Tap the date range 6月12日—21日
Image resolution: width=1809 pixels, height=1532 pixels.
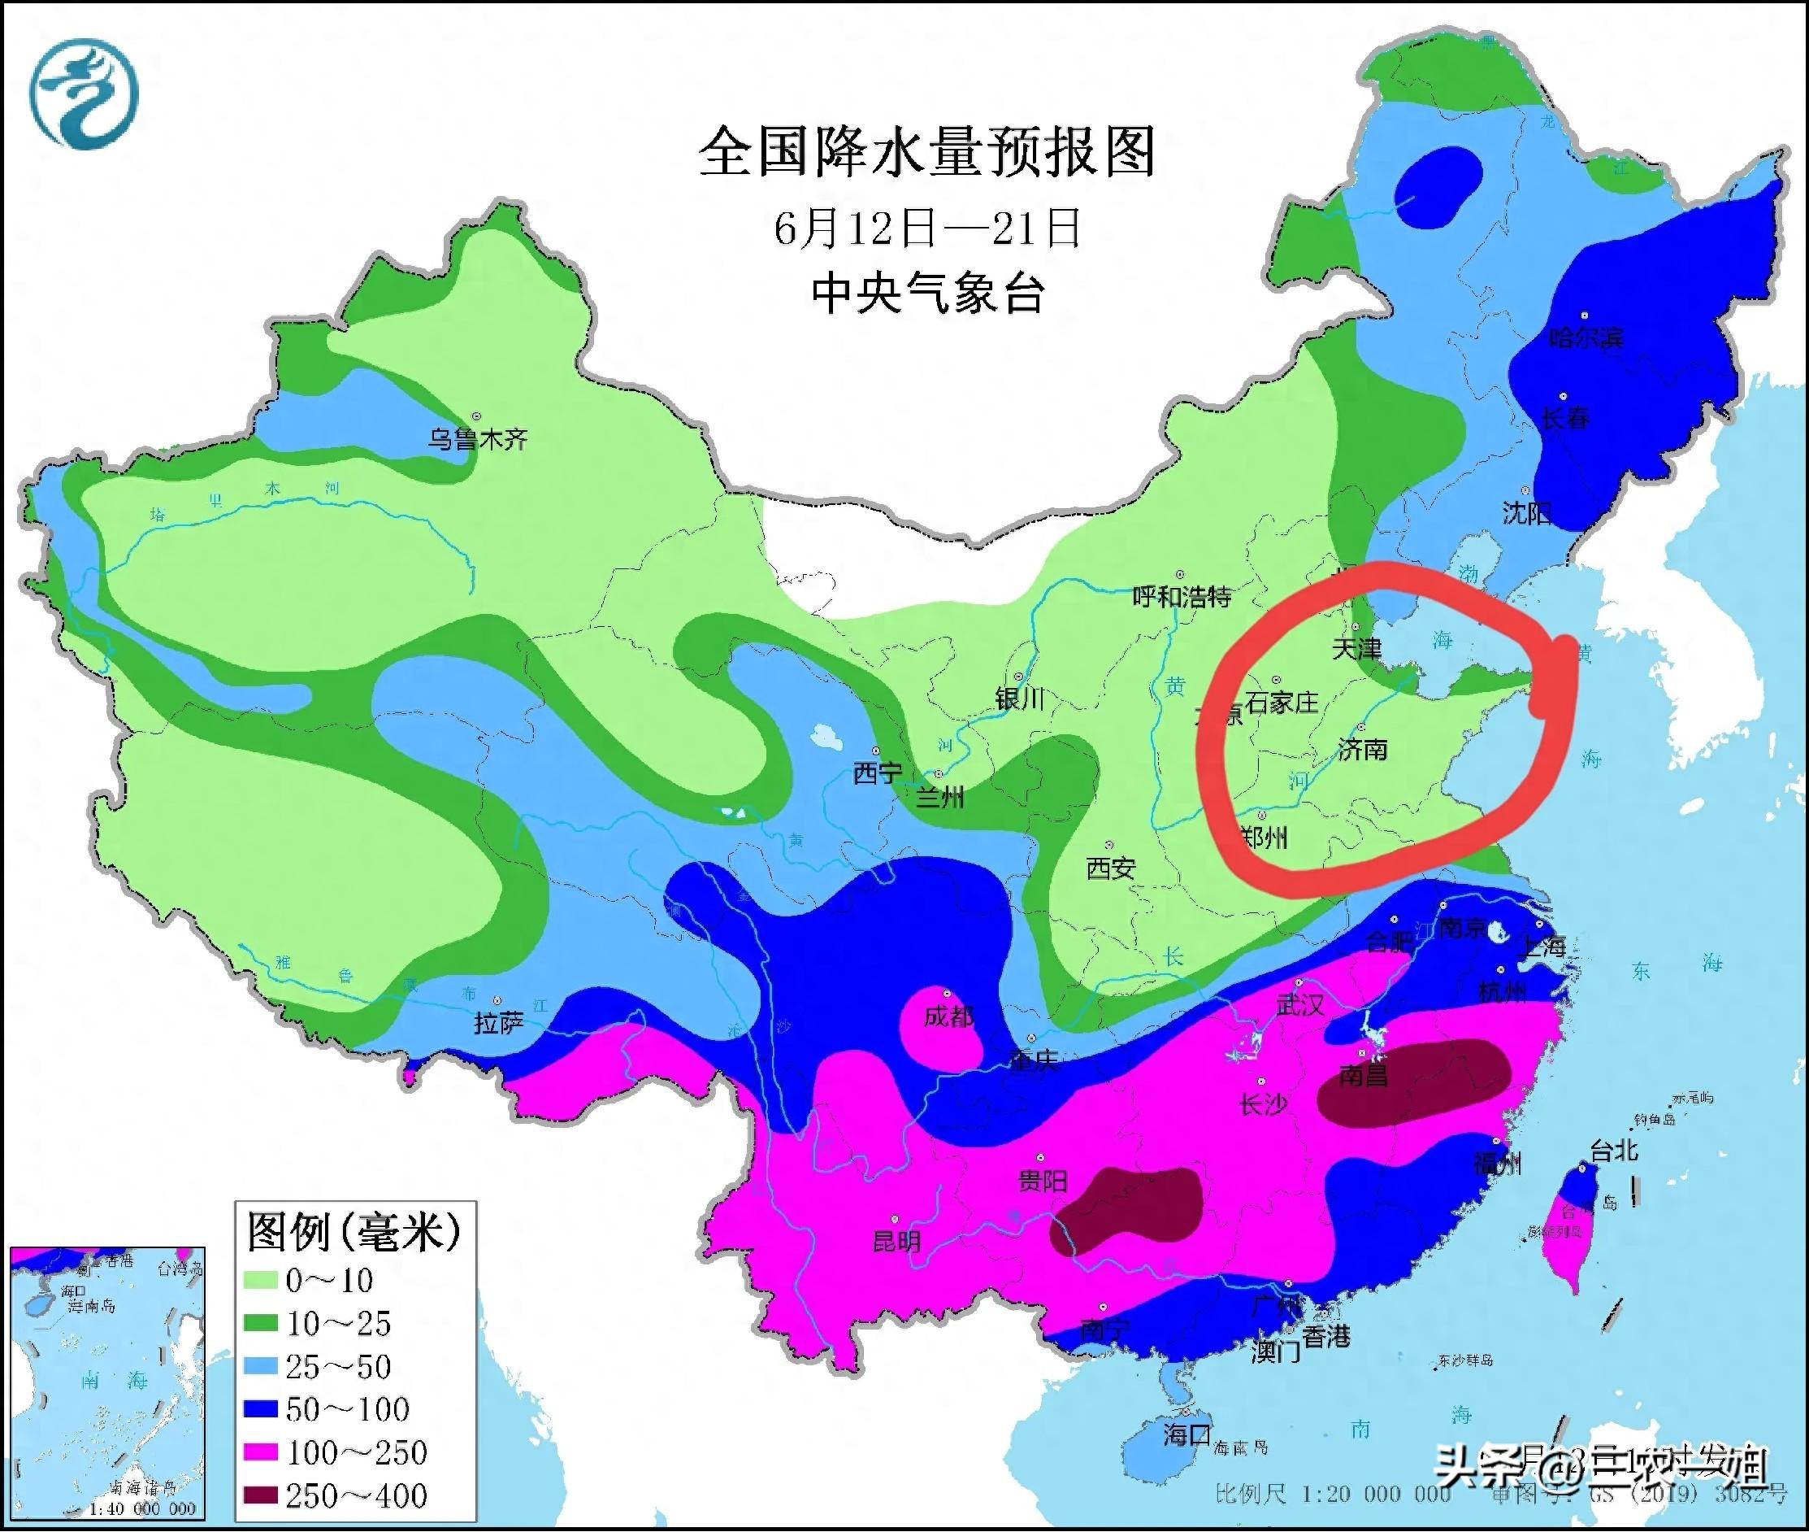926,228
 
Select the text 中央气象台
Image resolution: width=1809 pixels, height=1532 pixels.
926,294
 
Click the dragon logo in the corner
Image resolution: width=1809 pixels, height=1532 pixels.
85,94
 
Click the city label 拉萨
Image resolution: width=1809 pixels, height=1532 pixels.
498,1024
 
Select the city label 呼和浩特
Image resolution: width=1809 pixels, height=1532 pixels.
1182,597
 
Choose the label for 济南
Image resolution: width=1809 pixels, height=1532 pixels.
1363,749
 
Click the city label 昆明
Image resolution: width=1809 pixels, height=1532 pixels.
896,1241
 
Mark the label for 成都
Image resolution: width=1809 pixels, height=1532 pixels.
948,1016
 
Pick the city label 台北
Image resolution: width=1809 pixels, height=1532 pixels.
1614,1151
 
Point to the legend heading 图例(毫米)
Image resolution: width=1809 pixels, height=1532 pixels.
354,1231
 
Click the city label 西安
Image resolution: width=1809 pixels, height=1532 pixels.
1111,868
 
